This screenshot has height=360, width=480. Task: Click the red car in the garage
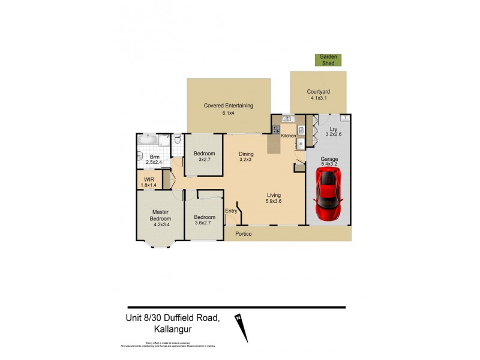(328, 194)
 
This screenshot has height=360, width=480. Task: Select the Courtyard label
(319, 95)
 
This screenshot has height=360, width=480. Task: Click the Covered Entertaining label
(228, 109)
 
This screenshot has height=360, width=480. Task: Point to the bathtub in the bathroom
(148, 140)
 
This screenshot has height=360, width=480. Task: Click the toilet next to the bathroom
(178, 140)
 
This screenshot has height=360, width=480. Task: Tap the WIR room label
(148, 182)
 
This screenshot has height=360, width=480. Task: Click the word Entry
(231, 211)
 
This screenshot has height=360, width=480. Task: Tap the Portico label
(243, 233)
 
